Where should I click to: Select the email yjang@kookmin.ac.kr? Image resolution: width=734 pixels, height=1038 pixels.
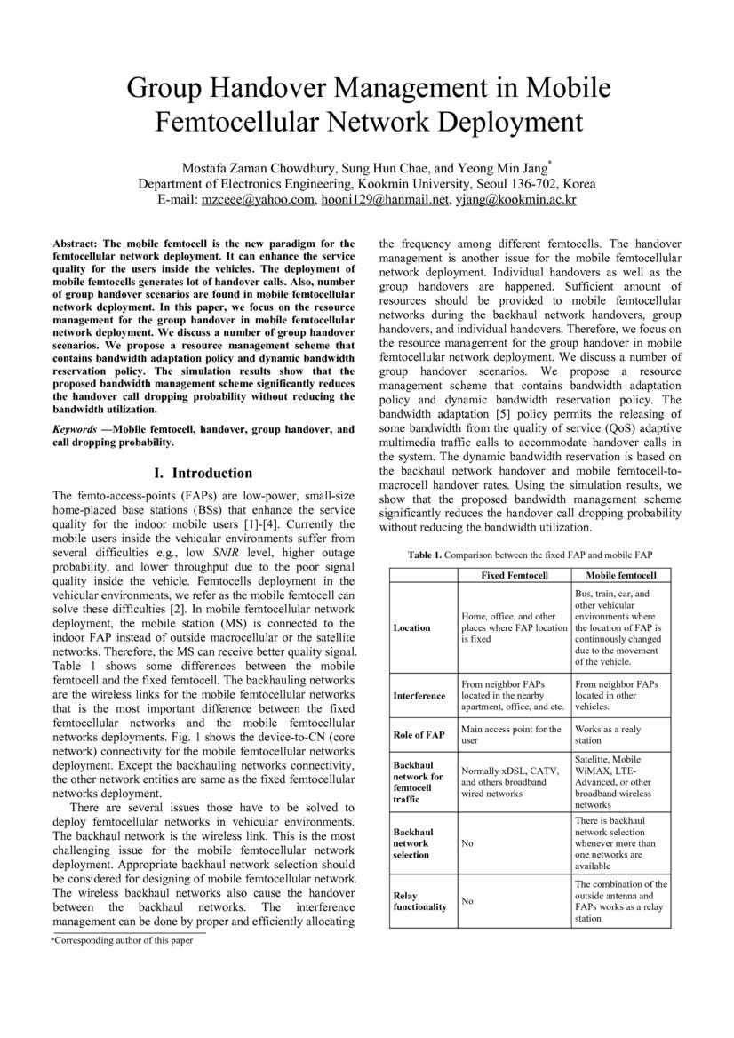[x=515, y=200]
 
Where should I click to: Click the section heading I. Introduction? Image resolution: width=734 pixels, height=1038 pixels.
[x=203, y=473]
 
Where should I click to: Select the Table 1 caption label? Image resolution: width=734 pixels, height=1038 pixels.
[x=425, y=555]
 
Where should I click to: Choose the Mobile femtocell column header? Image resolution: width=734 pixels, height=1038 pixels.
[x=621, y=576]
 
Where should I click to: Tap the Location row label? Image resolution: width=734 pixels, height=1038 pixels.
[x=411, y=627]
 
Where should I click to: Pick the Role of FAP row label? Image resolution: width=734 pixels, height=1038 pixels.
[x=419, y=734]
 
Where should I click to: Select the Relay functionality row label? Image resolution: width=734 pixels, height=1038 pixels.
[x=420, y=901]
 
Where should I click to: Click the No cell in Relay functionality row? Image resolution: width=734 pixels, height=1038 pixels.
[x=467, y=901]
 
